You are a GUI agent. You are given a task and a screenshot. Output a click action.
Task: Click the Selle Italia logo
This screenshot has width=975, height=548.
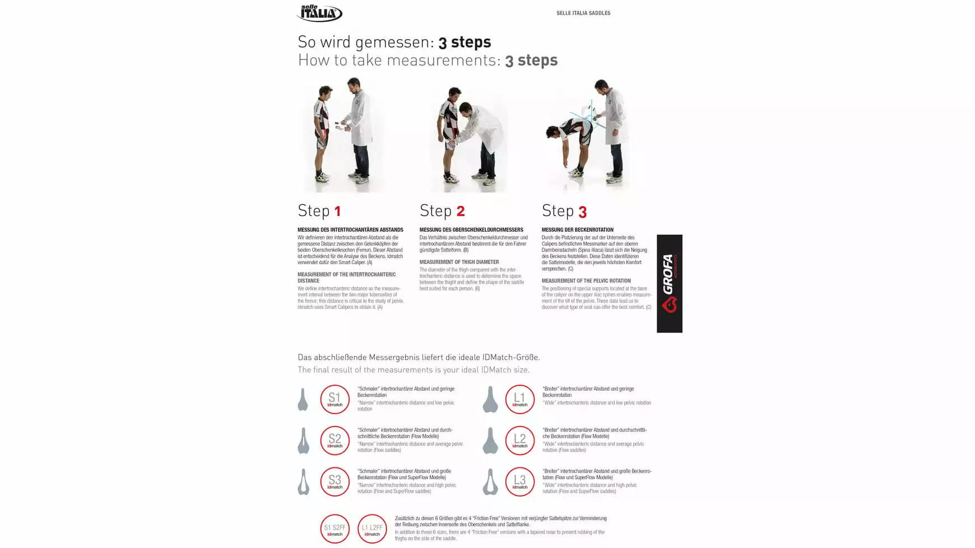(319, 13)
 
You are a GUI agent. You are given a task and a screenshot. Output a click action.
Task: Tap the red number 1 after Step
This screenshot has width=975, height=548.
(337, 212)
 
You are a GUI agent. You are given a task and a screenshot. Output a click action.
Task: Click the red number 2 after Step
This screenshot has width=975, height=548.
(460, 212)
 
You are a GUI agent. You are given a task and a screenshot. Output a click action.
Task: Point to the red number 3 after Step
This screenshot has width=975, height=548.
(582, 212)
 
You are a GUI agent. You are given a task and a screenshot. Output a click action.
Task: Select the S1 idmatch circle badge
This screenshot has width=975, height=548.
(335, 399)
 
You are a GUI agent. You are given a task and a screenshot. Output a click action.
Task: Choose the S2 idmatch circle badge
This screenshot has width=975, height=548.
(335, 441)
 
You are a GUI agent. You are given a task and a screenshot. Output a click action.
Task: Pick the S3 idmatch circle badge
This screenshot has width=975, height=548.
(335, 482)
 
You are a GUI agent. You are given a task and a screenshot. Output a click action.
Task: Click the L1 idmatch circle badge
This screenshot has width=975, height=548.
(519, 399)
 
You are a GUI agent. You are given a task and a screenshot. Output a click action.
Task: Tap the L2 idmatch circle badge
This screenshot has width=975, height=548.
(519, 441)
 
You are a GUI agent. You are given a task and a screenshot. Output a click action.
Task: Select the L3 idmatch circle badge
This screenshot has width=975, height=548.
(519, 482)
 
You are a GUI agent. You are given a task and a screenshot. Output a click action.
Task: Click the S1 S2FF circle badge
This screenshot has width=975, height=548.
(335, 529)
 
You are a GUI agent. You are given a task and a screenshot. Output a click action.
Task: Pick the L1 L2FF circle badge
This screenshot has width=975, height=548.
(372, 529)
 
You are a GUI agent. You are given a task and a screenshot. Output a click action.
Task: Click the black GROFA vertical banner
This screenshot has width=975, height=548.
(669, 283)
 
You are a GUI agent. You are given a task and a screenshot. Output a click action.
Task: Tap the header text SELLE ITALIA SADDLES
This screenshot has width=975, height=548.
(583, 13)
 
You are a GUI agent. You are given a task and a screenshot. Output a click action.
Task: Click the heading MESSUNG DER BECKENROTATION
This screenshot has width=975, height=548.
(577, 229)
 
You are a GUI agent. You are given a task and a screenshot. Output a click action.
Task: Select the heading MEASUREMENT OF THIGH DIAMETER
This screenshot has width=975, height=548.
(459, 262)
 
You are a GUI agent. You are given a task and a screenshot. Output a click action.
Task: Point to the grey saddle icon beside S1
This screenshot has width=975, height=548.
(303, 400)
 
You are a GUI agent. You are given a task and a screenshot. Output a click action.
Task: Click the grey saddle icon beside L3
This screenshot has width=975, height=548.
(490, 482)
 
